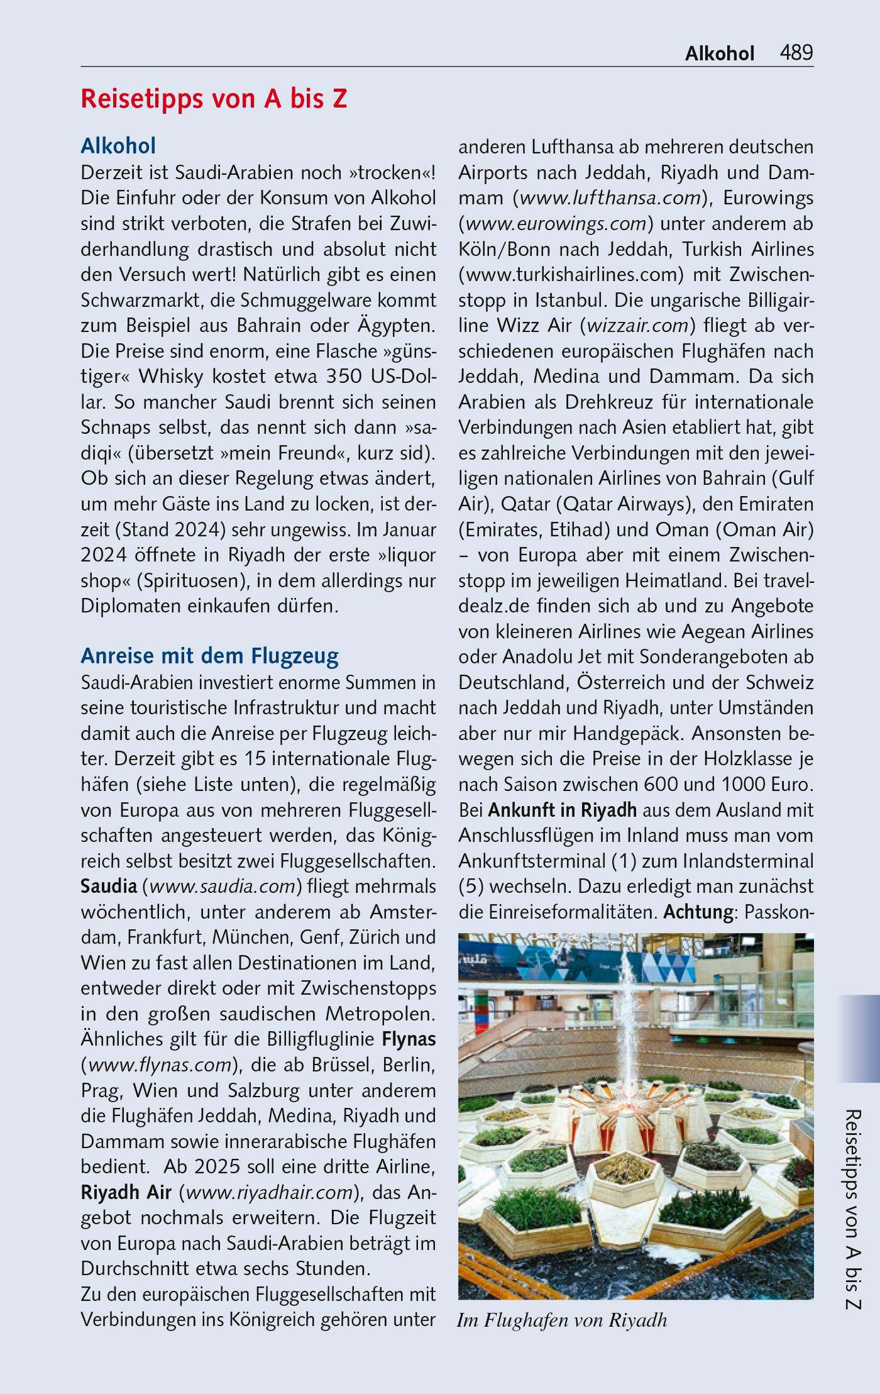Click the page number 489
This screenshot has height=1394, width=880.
796,53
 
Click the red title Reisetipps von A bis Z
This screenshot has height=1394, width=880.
214,99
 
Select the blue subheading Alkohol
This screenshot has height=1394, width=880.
118,146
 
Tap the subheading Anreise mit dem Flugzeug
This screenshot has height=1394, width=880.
209,656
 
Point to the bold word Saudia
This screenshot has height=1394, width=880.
109,886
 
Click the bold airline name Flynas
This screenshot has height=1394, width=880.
409,1039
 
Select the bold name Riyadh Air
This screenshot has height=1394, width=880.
126,1192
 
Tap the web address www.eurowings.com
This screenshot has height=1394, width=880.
556,224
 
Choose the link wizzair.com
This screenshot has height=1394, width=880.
637,326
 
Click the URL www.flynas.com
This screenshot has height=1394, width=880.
160,1065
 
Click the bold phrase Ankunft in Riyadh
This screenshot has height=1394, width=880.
562,809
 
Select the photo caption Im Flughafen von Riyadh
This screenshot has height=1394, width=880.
562,1320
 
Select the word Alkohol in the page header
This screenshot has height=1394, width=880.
719,53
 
